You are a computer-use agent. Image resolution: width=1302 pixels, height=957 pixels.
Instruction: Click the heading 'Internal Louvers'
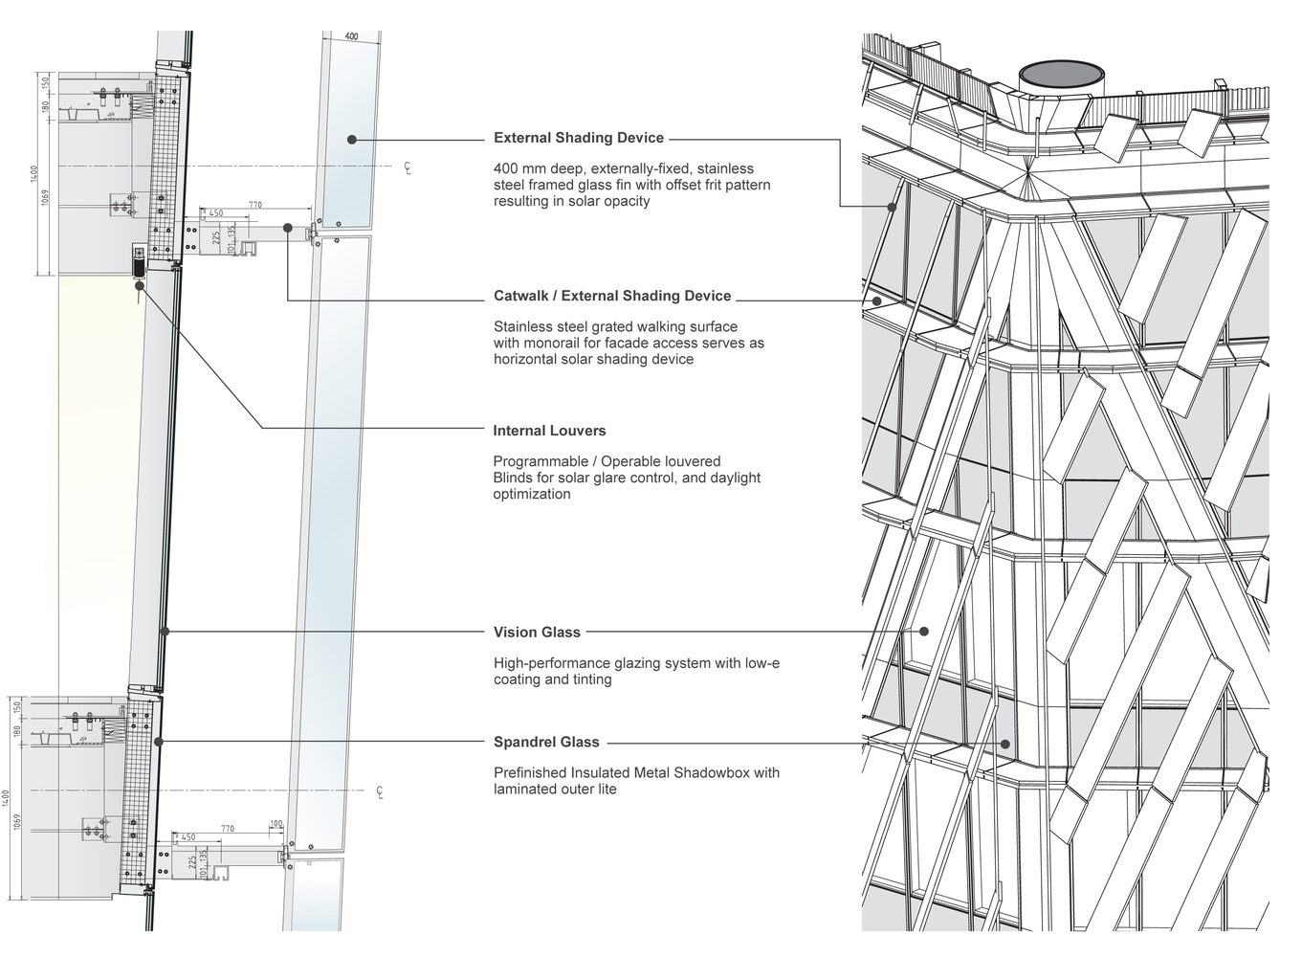[x=549, y=431]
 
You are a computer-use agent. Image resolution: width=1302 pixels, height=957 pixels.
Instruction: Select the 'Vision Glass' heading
[x=537, y=632]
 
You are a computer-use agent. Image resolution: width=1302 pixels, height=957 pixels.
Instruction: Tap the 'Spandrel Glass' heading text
[x=546, y=742]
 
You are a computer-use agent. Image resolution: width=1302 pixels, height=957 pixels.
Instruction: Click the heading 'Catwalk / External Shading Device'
[x=612, y=296]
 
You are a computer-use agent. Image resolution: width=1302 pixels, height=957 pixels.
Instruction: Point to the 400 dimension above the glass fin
[x=351, y=36]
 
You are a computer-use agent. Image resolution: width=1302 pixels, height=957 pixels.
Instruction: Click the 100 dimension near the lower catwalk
[x=276, y=824]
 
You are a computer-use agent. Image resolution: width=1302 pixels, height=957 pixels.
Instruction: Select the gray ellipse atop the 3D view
[x=1062, y=75]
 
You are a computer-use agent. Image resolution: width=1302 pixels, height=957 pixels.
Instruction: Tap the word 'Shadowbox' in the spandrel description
[x=712, y=772]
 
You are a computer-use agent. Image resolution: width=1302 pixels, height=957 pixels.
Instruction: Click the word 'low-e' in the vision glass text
[x=761, y=662]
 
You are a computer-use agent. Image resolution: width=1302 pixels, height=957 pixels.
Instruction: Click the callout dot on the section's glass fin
[x=352, y=140]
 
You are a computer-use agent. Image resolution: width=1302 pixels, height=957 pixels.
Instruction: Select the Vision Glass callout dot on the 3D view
[x=925, y=632]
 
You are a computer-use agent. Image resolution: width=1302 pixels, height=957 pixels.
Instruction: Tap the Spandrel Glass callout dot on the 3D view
[x=1005, y=743]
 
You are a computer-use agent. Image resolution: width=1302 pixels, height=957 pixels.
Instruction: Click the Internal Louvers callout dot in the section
[x=140, y=285]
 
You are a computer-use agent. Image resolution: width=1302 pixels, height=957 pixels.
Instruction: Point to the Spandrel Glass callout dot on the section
[x=159, y=742]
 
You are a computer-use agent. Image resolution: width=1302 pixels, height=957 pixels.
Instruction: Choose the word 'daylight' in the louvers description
[x=735, y=478]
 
